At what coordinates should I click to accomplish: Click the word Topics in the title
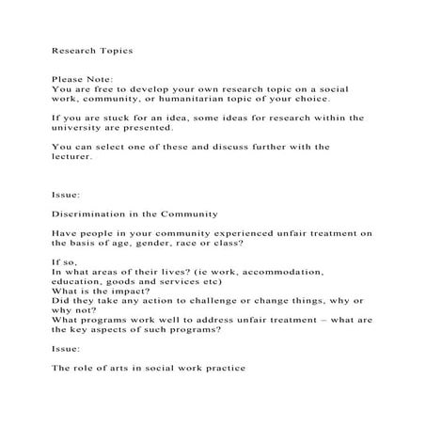coord(117,50)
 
